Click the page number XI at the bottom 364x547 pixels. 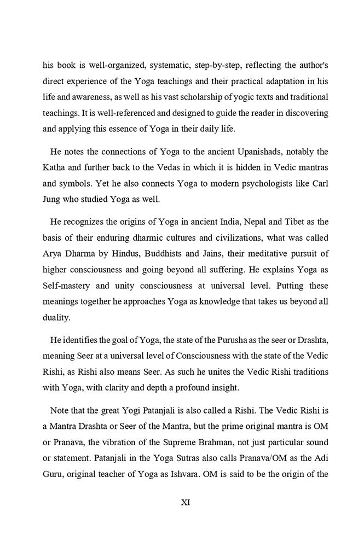coord(185,503)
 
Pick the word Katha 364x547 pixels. coord(55,166)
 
